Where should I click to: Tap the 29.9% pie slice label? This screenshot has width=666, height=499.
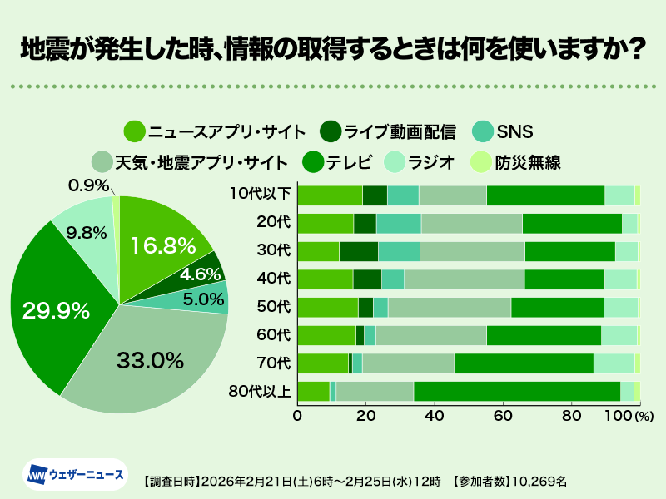55,311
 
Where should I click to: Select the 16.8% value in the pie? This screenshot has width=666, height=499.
162,245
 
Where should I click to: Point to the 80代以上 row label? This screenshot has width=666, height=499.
261,391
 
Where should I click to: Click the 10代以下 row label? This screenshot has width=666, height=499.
261,195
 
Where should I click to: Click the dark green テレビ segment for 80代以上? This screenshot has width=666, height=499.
516,391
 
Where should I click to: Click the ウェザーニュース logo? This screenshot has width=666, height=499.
76,475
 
